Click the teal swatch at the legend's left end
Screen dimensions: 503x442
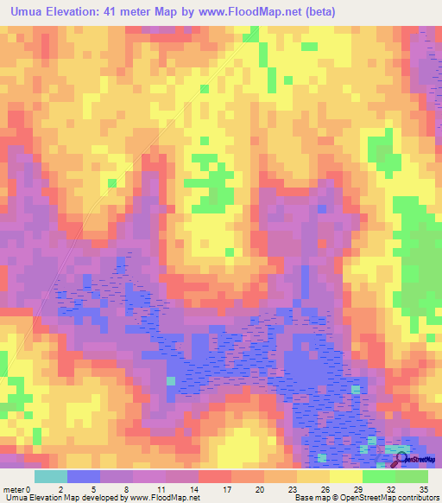click(50, 476)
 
